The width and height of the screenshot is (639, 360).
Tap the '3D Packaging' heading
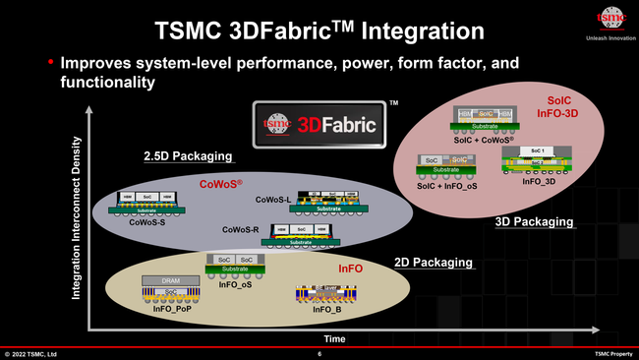[x=534, y=223]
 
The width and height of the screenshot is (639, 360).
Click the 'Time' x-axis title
[x=335, y=337]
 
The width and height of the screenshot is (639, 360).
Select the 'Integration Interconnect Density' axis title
[x=76, y=232]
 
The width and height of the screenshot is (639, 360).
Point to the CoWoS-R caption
[x=240, y=229]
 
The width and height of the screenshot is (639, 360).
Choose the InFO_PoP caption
[x=173, y=308]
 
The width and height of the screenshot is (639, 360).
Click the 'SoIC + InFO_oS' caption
[x=448, y=186]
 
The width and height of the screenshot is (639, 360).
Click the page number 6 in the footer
[x=319, y=354]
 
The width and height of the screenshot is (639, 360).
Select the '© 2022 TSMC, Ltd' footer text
[x=30, y=354]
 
